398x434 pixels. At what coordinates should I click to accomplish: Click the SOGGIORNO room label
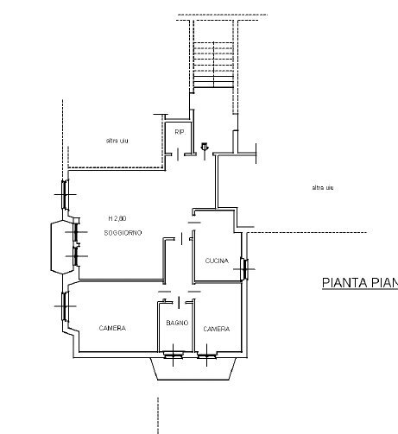[x=123, y=234]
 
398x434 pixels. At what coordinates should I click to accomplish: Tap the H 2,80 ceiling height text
[x=118, y=217]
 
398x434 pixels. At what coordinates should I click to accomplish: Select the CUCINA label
[x=217, y=261]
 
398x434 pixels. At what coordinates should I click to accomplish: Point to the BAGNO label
[x=177, y=324]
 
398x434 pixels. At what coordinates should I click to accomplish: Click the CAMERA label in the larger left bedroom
[x=112, y=328]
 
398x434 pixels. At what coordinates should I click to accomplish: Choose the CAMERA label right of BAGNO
[x=216, y=329]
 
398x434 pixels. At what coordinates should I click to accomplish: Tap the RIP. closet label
[x=180, y=132]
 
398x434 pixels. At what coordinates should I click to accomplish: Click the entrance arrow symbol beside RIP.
[x=204, y=147]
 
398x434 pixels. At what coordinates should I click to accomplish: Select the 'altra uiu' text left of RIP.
[x=117, y=141]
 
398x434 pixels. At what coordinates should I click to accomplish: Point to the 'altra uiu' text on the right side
[x=323, y=187]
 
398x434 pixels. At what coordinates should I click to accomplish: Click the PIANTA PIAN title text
[x=359, y=282]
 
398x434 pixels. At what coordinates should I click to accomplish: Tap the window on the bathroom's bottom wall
[x=174, y=354]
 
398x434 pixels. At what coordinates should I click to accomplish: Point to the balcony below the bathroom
[x=194, y=369]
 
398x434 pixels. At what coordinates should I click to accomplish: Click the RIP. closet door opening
[x=179, y=154]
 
